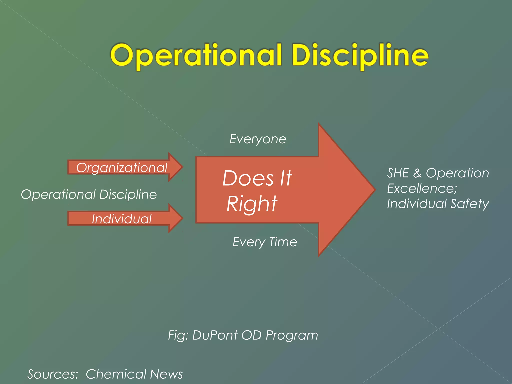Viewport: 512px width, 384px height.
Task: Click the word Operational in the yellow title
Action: (x=196, y=55)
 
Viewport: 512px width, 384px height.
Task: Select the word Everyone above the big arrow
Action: (x=258, y=139)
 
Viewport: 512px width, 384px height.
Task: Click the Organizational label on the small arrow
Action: (x=122, y=168)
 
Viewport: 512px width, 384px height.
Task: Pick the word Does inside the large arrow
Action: (x=248, y=178)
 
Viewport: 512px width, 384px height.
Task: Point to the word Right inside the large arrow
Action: (x=252, y=204)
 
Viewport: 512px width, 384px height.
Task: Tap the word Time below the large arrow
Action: (x=283, y=242)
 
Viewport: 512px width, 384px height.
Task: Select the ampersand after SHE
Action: (x=417, y=173)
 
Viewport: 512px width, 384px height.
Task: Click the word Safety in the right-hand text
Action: (x=470, y=204)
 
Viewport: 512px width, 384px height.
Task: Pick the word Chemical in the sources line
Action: (x=116, y=374)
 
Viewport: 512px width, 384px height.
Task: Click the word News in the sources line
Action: (x=166, y=374)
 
